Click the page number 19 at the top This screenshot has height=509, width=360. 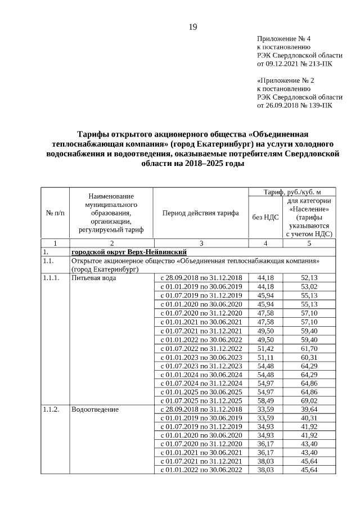click(x=192, y=26)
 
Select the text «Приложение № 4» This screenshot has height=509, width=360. click(x=283, y=39)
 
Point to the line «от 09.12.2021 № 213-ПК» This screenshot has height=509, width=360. click(x=294, y=64)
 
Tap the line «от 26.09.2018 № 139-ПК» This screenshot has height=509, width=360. click(x=294, y=105)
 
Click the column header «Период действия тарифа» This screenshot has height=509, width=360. click(x=201, y=213)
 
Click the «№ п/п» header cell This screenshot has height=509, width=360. click(x=55, y=213)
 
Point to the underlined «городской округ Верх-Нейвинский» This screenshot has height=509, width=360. click(x=129, y=251)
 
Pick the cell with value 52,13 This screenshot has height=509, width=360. click(x=309, y=278)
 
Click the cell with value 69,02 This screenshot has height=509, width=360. click(x=309, y=400)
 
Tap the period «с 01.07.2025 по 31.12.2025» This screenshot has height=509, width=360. click(x=201, y=400)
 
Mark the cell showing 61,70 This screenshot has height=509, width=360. click(x=309, y=348)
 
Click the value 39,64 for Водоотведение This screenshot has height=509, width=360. click(x=309, y=409)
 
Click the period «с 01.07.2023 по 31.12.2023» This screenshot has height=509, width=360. click(x=201, y=366)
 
